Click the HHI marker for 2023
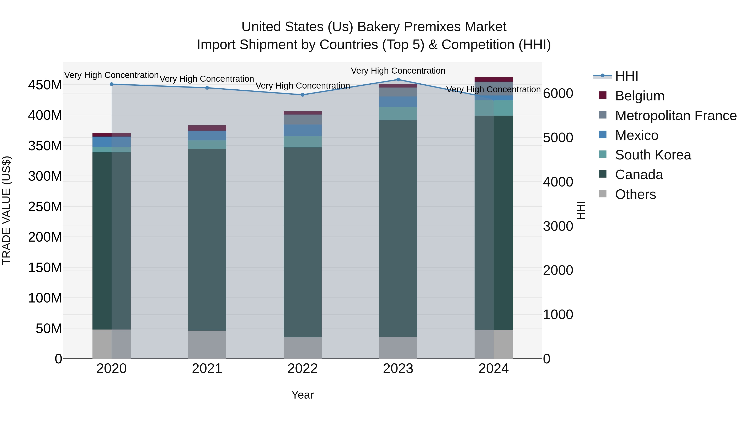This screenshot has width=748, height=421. pyautogui.click(x=398, y=80)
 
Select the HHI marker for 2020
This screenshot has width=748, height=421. pyautogui.click(x=112, y=84)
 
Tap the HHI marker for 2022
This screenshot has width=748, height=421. pyautogui.click(x=302, y=95)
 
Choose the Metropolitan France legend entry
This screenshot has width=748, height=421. pyautogui.click(x=675, y=116)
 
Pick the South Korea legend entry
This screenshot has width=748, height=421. pyautogui.click(x=653, y=155)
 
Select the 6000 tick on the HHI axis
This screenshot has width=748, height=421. pyautogui.click(x=558, y=94)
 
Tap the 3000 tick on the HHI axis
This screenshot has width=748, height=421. pyautogui.click(x=558, y=226)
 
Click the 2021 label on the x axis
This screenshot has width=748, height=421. pyautogui.click(x=207, y=369)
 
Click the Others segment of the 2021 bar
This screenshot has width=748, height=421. pyautogui.click(x=207, y=344)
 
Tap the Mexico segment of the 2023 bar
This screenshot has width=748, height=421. pyautogui.click(x=398, y=102)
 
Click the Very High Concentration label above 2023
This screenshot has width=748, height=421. pyautogui.click(x=398, y=71)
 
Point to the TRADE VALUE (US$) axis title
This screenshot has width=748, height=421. pyautogui.click(x=6, y=210)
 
